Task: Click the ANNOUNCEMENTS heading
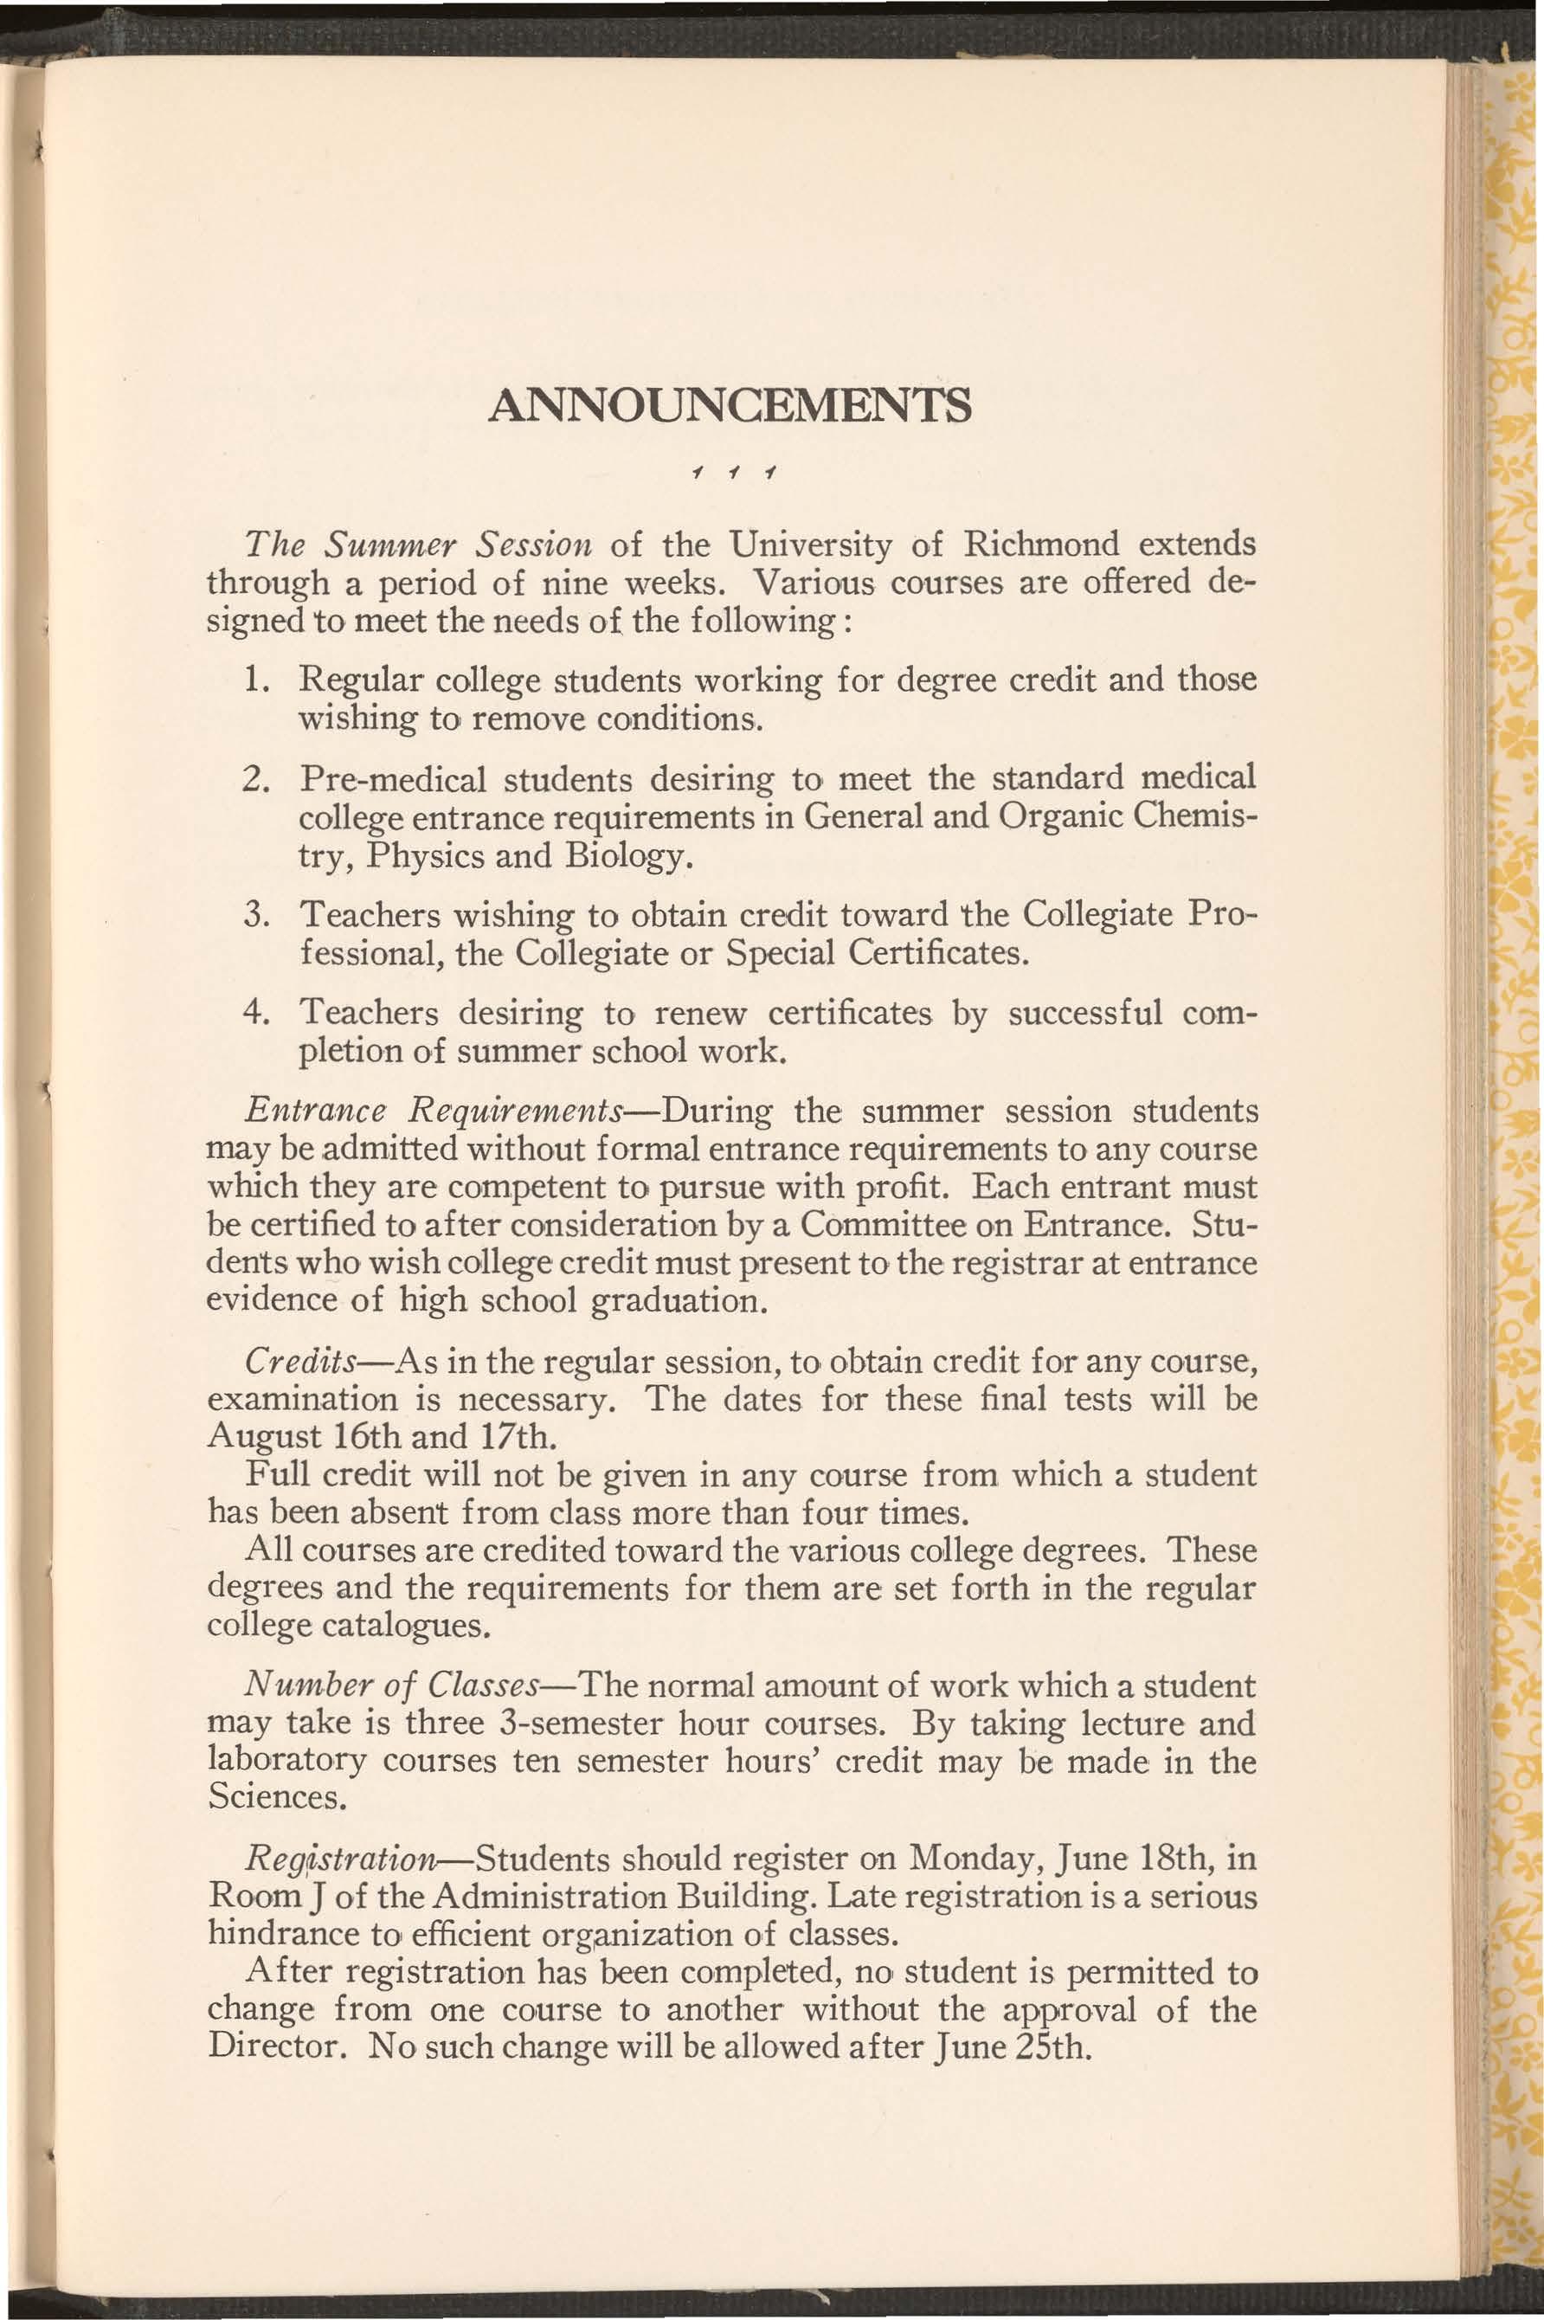tap(730, 406)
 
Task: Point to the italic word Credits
tap(300, 1362)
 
